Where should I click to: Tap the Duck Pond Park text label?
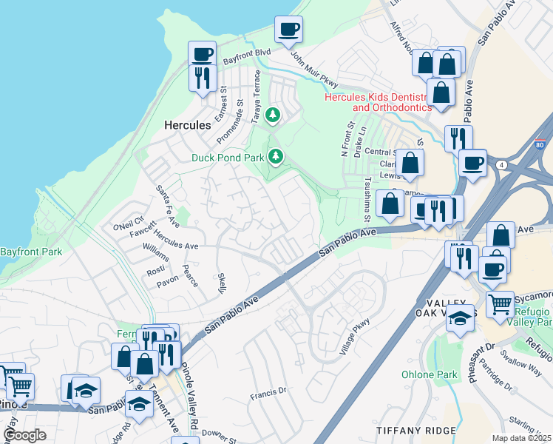228,158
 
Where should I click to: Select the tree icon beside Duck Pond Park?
276,156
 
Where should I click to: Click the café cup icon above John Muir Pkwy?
288,30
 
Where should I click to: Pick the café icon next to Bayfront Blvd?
202,54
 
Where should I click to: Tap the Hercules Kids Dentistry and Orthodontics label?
377,102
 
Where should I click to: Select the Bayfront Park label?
30,252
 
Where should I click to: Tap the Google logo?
24,436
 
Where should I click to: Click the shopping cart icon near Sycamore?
501,302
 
